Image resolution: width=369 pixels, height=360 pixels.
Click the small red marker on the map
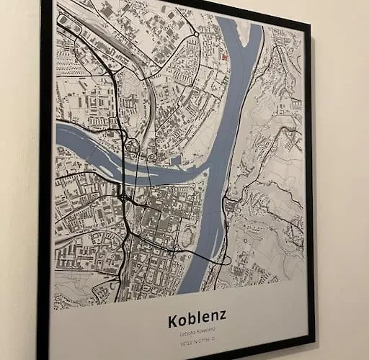pos(226,56)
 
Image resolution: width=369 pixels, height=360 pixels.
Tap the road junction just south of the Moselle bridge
pos(125,194)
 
